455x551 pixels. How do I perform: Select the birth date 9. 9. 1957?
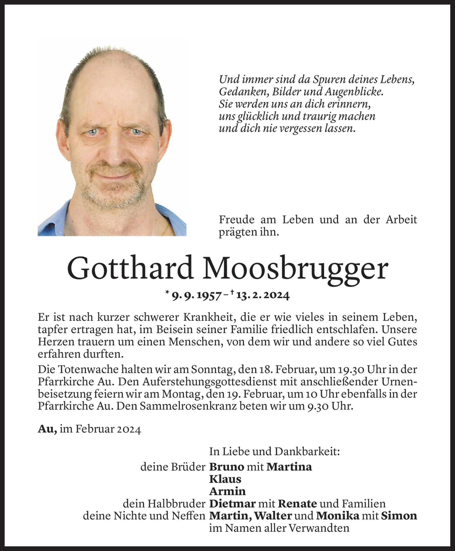(x=197, y=296)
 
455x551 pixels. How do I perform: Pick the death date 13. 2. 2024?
(x=263, y=296)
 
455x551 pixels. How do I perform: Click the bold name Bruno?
(x=226, y=467)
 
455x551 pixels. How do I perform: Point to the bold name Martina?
(x=289, y=467)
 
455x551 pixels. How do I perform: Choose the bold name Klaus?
(x=225, y=479)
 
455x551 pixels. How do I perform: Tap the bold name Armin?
(x=227, y=491)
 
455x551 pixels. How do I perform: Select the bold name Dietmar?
(x=232, y=504)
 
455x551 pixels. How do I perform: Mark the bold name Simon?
(x=399, y=516)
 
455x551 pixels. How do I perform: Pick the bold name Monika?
(x=338, y=516)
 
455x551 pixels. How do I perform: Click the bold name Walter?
(x=273, y=516)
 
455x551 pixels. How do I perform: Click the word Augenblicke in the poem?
(x=354, y=92)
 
